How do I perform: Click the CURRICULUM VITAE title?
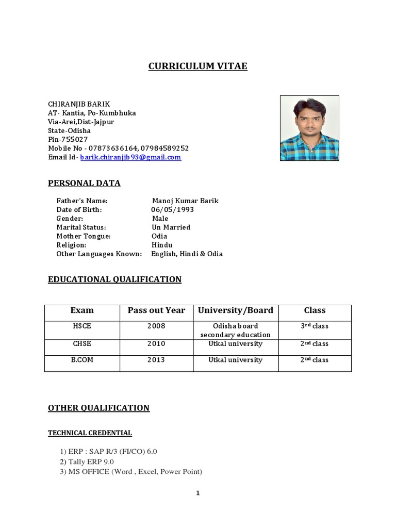(x=198, y=66)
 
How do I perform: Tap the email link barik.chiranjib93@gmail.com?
(x=130, y=157)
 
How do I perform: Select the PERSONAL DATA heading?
(x=84, y=183)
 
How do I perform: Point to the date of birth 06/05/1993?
(x=172, y=210)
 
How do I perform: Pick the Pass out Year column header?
(x=156, y=310)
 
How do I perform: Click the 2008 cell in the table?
(x=156, y=326)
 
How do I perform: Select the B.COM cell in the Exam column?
(x=82, y=360)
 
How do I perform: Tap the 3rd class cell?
(x=315, y=326)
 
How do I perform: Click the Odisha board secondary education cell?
(x=236, y=331)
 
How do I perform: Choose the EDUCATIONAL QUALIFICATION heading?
(x=114, y=279)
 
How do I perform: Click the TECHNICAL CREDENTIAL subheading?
(x=90, y=433)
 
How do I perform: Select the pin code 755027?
(x=73, y=139)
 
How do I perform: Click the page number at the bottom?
(x=198, y=493)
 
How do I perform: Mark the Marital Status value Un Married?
(x=171, y=227)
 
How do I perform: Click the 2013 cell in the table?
(x=156, y=360)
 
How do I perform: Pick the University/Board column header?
(x=236, y=310)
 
